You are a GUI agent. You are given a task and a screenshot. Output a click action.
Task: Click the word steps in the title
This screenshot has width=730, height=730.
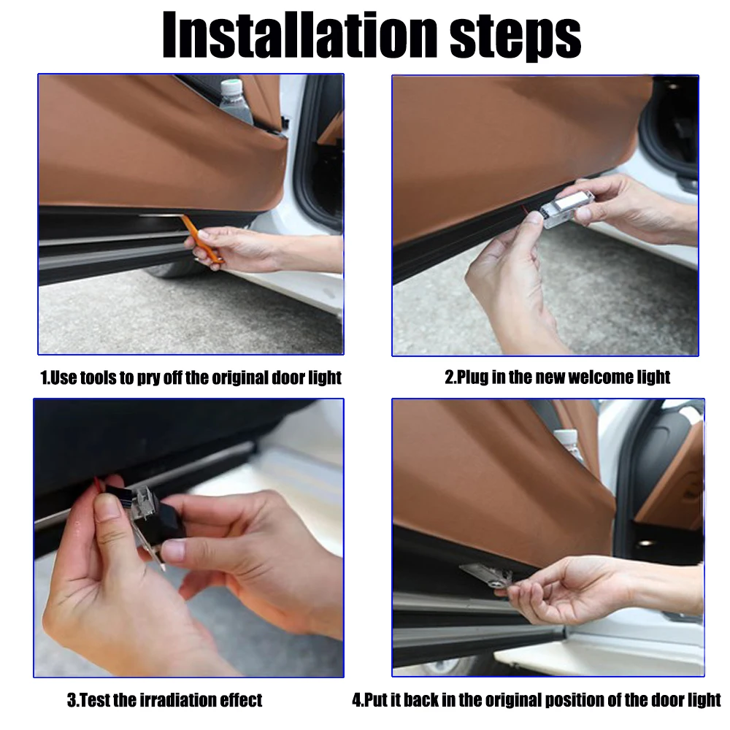click(515, 38)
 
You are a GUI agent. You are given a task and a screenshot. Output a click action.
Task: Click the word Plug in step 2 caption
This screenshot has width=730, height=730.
click(473, 377)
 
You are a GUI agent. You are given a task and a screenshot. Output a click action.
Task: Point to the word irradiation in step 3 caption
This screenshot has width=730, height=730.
click(173, 700)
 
